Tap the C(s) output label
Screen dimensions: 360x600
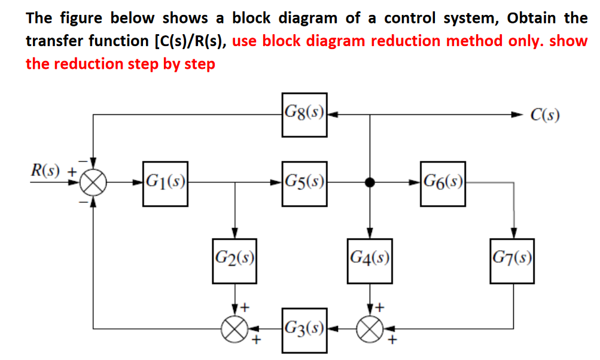(x=544, y=115)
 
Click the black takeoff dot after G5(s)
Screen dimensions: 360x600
(x=370, y=184)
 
